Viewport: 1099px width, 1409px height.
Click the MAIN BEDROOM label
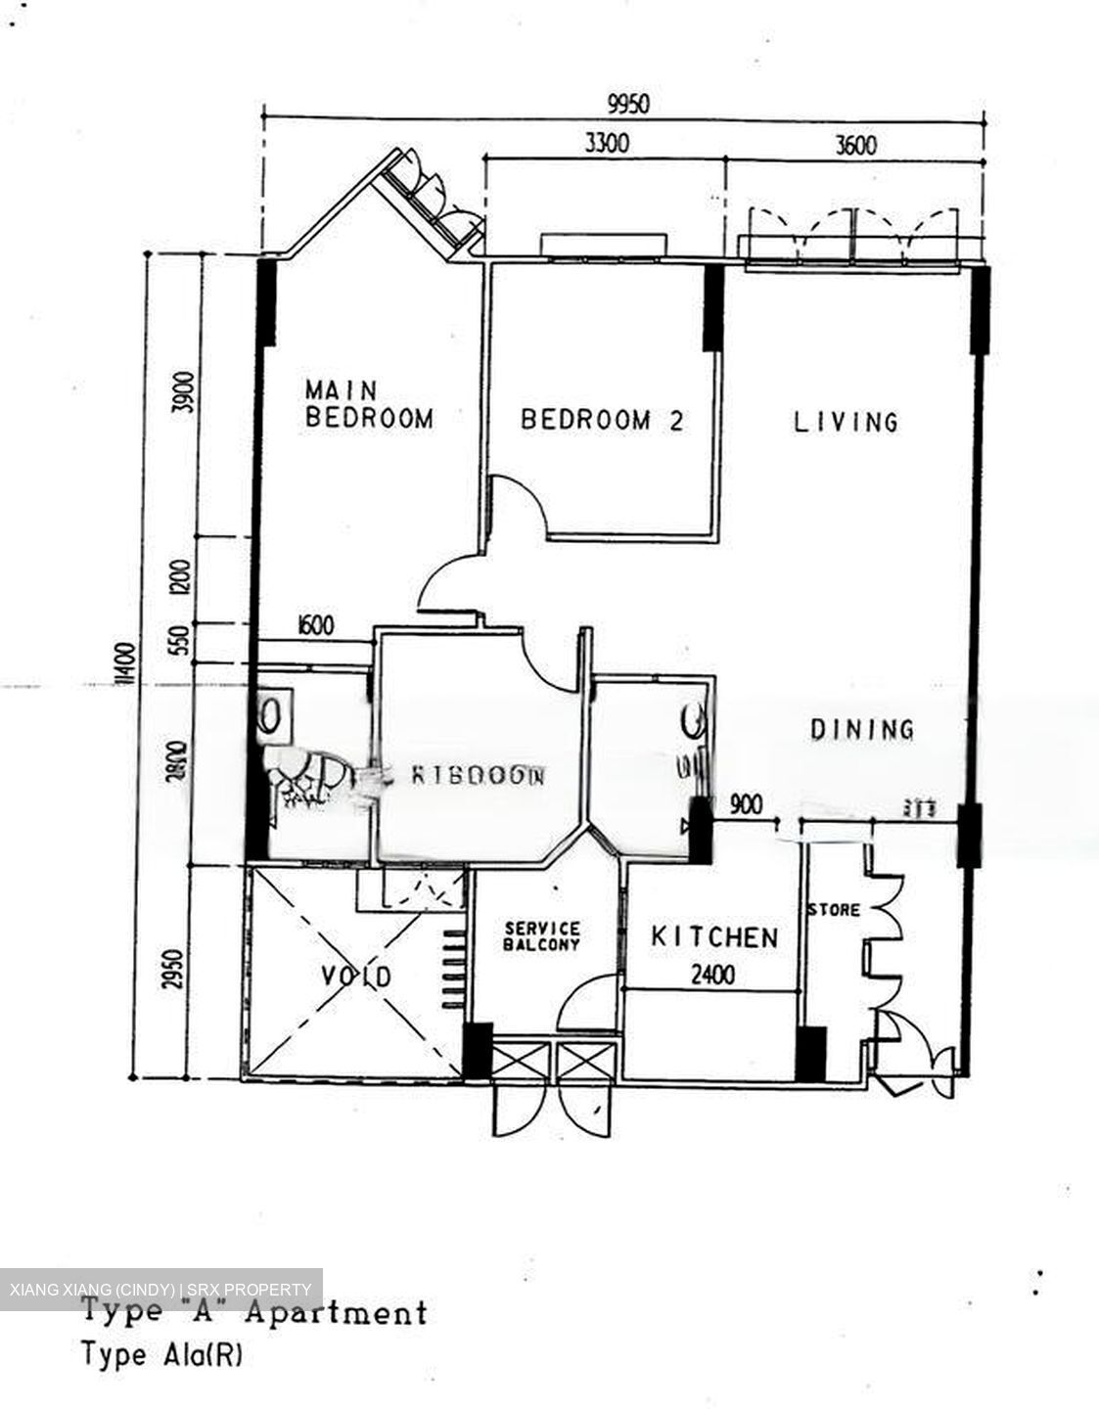369,404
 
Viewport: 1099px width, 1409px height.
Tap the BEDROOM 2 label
602,421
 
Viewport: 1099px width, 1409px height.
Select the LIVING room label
846,422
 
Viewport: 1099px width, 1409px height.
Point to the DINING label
862,729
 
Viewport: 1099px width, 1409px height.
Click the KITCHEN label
714,937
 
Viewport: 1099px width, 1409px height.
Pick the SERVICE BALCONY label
541,936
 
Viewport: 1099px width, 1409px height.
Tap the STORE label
834,910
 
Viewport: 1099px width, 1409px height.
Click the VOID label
357,976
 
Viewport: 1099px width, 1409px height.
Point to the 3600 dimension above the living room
854,146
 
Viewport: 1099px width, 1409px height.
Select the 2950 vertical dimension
175,971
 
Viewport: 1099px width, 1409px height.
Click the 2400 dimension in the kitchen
712,975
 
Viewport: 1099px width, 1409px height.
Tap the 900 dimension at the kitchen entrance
746,804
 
